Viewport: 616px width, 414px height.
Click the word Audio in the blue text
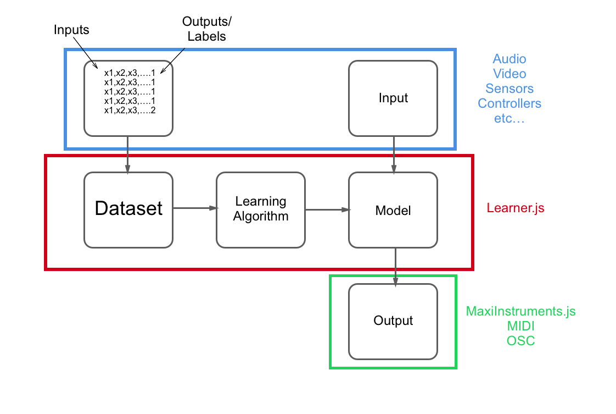coord(509,59)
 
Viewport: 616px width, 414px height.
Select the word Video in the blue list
coord(509,74)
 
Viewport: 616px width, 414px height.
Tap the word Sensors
coord(509,89)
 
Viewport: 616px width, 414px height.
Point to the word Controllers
coord(509,103)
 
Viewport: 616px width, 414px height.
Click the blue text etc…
coord(509,118)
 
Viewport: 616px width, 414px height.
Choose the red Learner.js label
coord(516,208)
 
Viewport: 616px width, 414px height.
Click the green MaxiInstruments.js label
coord(520,311)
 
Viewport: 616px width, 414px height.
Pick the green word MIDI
coord(520,326)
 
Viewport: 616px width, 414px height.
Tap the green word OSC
coord(520,341)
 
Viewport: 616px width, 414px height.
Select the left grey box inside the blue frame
coord(128,98)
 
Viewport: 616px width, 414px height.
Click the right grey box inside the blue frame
coord(393,98)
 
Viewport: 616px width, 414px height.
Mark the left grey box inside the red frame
coord(128,209)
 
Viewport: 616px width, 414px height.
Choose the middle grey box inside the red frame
coord(261,209)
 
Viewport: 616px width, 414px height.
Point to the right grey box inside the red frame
coord(393,209)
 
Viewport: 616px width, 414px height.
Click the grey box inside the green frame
coord(393,322)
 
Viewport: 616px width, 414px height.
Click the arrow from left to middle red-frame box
coord(195,208)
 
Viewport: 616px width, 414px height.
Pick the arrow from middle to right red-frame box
coord(328,209)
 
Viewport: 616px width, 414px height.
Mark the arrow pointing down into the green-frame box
coord(395,267)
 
